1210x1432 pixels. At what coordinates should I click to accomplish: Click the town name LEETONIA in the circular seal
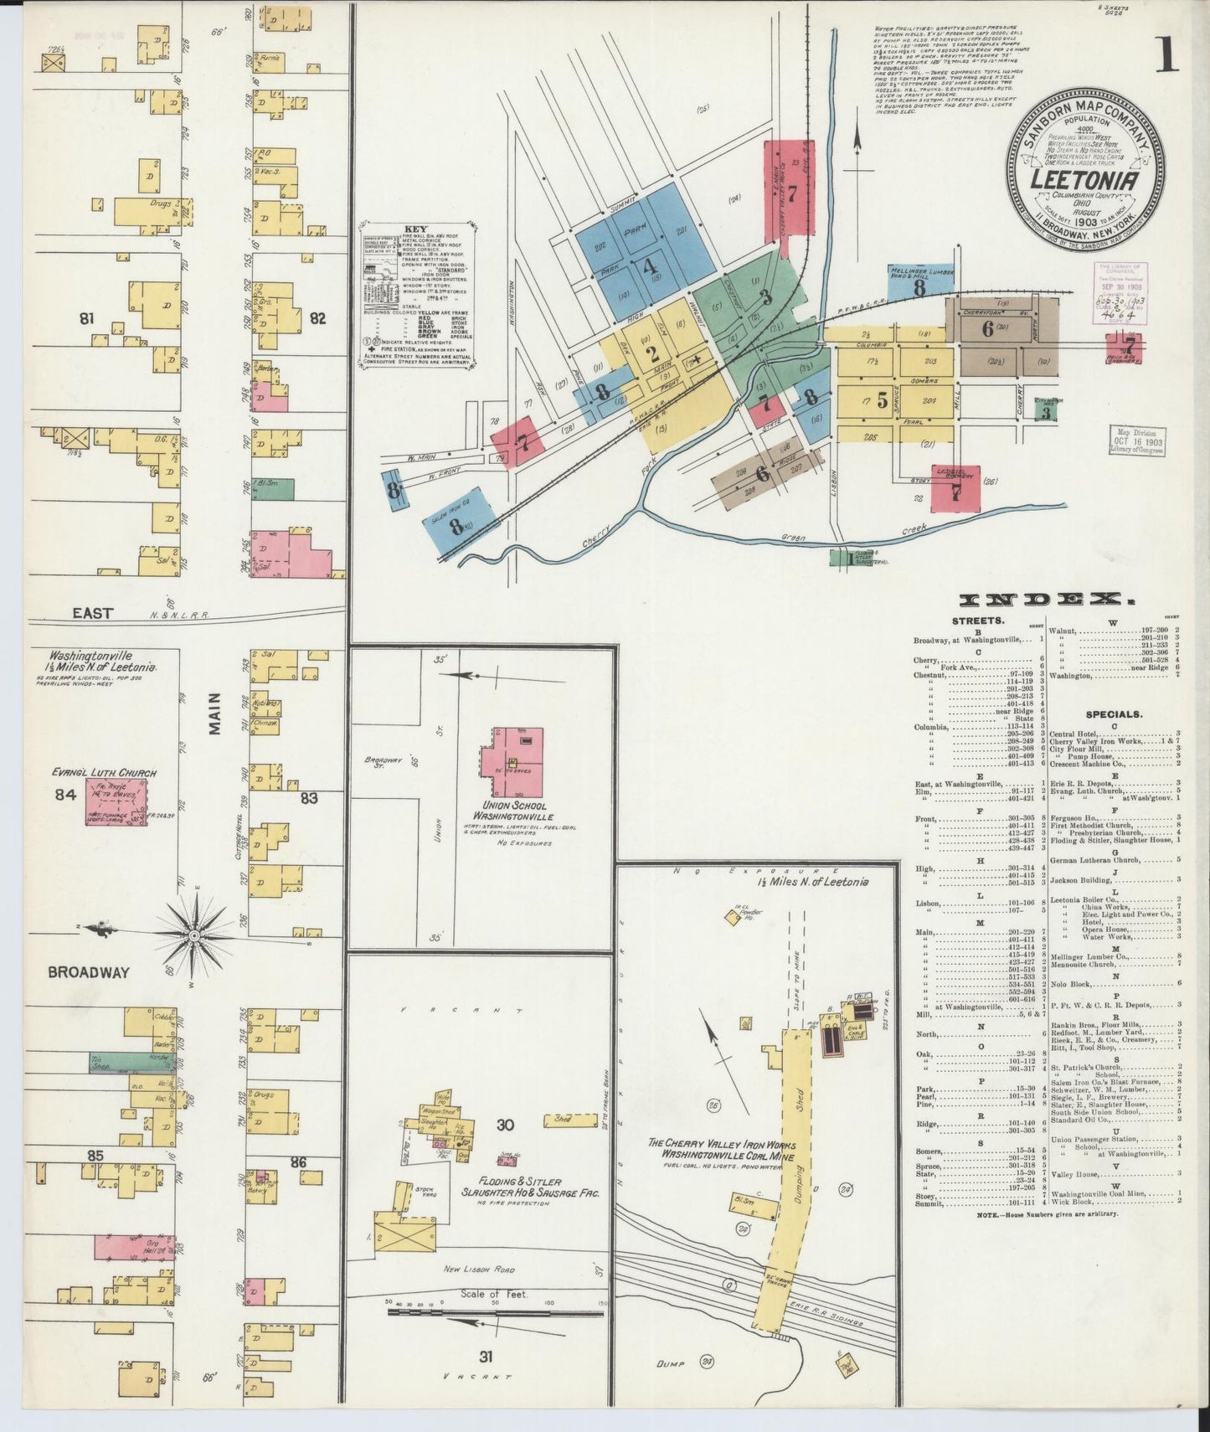[1083, 179]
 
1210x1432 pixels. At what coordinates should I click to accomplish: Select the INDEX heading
[1042, 600]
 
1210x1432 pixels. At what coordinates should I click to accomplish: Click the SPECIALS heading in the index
[1115, 715]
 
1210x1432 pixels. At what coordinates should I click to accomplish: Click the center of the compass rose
[193, 934]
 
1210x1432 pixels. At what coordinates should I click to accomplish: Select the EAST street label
[92, 614]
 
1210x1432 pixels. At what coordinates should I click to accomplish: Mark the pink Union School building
[517, 762]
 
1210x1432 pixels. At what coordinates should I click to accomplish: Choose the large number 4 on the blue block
[647, 269]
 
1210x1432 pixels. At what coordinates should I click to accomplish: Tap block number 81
[85, 318]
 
